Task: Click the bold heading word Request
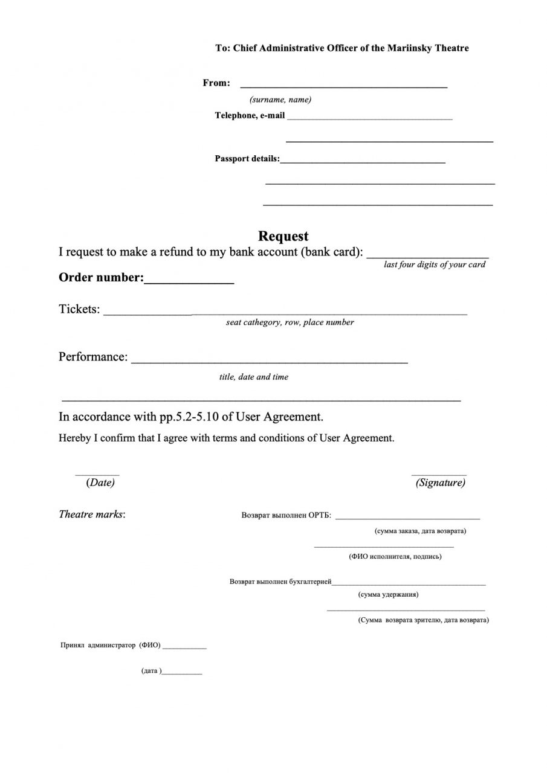[x=283, y=236]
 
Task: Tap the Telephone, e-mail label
[x=250, y=115]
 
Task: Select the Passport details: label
[x=247, y=159]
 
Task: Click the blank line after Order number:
[x=189, y=280]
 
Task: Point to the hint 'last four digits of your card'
[x=435, y=265]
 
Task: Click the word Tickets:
[x=79, y=309]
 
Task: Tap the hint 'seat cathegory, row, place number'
[x=290, y=322]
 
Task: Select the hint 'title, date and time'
[x=254, y=377]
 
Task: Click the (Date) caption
[x=100, y=483]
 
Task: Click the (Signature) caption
[x=440, y=483]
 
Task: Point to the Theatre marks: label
[x=92, y=515]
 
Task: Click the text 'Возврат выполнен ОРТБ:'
[x=286, y=516]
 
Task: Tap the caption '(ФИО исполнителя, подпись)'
[x=395, y=557]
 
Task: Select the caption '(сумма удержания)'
[x=388, y=595]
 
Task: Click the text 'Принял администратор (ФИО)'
[x=111, y=646]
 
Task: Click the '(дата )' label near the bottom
[x=151, y=671]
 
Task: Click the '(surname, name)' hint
[x=280, y=100]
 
